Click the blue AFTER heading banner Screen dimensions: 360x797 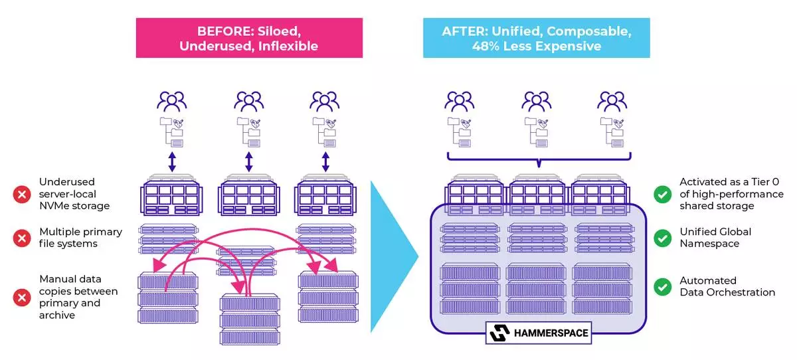[536, 39]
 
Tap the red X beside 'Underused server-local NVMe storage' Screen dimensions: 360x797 [22, 195]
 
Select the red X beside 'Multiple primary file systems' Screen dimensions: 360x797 [22, 238]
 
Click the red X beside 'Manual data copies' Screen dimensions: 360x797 [22, 297]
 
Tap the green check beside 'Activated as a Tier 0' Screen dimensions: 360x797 [662, 194]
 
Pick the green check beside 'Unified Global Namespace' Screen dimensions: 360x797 [662, 238]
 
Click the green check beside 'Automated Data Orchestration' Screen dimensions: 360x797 [662, 286]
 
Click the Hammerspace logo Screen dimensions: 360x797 [538, 333]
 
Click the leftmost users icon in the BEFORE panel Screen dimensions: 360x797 [172, 102]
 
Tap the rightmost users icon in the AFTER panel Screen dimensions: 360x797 [612, 102]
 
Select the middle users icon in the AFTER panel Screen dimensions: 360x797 [536, 102]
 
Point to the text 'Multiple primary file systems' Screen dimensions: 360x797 [80, 238]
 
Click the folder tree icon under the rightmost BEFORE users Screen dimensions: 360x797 [325, 132]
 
